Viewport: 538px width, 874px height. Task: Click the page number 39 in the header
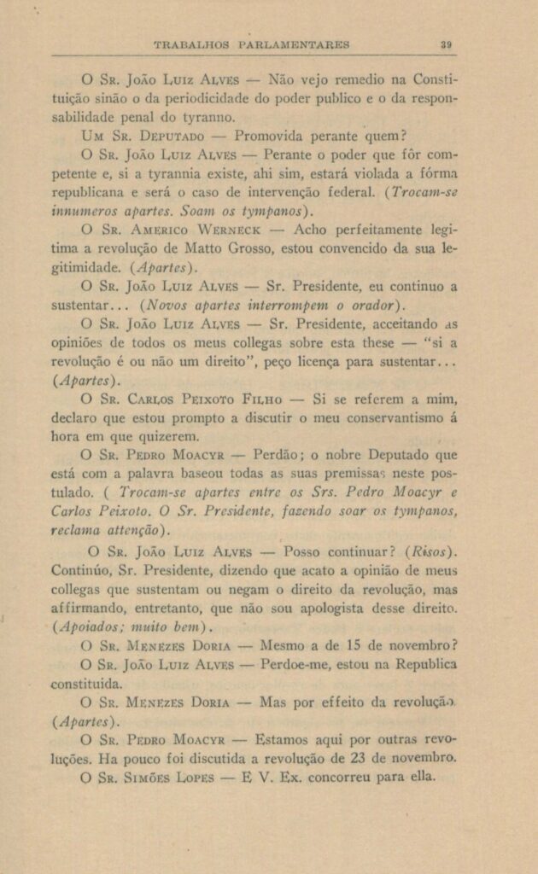click(x=446, y=44)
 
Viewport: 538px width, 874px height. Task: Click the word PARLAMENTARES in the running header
click(x=295, y=44)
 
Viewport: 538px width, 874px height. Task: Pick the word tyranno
click(x=205, y=118)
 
